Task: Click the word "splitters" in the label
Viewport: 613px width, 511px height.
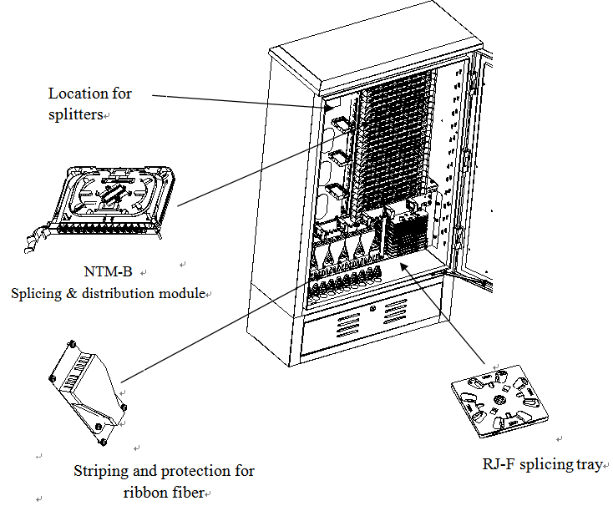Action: pos(74,115)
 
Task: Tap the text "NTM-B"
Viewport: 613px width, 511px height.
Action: pos(110,273)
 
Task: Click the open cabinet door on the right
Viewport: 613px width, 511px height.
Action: pos(472,167)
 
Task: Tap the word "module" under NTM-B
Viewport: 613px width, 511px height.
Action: pos(186,294)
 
